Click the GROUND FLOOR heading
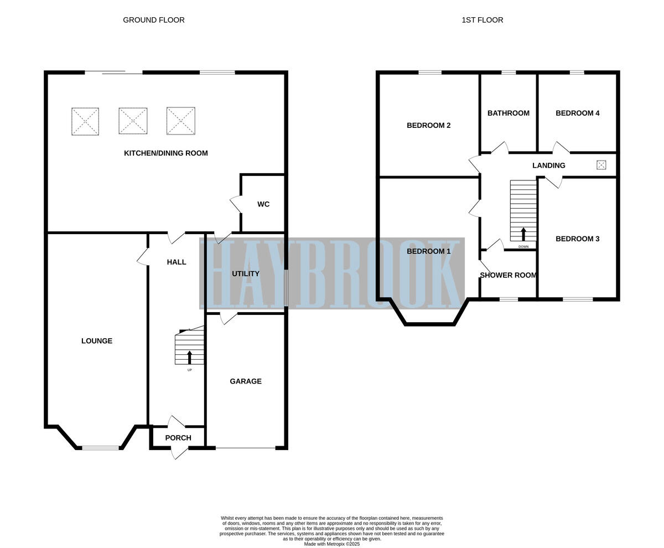click(x=154, y=20)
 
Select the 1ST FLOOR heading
click(x=482, y=20)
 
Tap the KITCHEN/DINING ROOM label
click(x=165, y=153)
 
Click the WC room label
click(x=263, y=204)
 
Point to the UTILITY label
click(x=246, y=274)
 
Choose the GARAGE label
click(x=246, y=381)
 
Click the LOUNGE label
click(x=97, y=341)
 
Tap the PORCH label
click(x=178, y=438)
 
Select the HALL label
click(x=177, y=262)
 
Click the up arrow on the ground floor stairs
click(x=190, y=356)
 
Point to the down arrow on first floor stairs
click(x=523, y=234)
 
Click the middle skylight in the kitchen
click(x=133, y=121)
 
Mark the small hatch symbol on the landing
click(x=601, y=165)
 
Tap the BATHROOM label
click(x=508, y=113)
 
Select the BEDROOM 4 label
click(x=577, y=113)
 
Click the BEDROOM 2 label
click(x=428, y=126)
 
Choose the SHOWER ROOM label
click(x=508, y=275)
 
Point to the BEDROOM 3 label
click(x=577, y=239)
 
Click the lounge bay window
click(x=100, y=447)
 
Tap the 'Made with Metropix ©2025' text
click(x=331, y=544)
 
